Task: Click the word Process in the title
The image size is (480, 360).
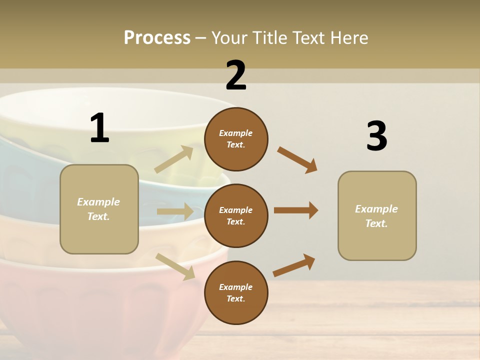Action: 157,37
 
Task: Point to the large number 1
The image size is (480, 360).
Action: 99,128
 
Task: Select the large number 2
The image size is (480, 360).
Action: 236,75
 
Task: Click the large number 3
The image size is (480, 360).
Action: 376,136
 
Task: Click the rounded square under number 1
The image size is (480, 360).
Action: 99,209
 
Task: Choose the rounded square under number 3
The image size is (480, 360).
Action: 377,216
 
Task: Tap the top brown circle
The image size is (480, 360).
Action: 236,138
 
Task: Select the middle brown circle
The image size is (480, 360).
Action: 236,215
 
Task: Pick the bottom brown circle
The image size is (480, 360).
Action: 236,292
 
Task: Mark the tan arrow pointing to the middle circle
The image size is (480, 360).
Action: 175,211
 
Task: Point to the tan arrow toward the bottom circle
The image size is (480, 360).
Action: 175,266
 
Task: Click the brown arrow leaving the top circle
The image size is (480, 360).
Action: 297,160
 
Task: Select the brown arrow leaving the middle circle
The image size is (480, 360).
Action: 296,210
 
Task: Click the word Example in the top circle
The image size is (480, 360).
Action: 236,133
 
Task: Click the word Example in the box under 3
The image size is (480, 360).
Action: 376,209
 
